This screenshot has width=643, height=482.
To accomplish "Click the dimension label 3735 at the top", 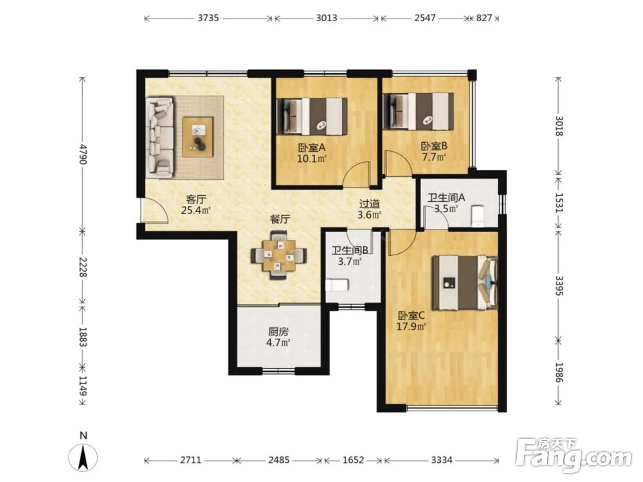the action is [x=208, y=18].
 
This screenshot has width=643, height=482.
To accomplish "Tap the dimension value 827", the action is [x=484, y=18].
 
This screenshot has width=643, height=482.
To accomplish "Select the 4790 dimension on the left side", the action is [x=83, y=154].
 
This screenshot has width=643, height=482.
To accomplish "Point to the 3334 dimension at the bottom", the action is [x=441, y=460].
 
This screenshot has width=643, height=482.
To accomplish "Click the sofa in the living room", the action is [x=160, y=138].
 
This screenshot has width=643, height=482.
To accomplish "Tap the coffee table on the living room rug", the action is [x=198, y=137].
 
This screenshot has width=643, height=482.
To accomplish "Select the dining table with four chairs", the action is [x=279, y=256].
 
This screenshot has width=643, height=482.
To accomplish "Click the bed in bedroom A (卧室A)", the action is [x=312, y=116].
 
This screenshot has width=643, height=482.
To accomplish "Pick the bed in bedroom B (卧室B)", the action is [x=419, y=111].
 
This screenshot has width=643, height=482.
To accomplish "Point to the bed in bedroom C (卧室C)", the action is [x=465, y=283].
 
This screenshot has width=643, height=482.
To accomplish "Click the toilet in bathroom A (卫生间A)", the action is [x=478, y=216].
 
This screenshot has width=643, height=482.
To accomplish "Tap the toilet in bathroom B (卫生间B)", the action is [x=337, y=285].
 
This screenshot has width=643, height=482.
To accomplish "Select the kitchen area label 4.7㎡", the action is [x=278, y=343].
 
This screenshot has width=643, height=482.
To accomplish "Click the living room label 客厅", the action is [x=195, y=200].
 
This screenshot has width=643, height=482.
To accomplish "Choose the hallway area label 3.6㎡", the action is [x=370, y=215].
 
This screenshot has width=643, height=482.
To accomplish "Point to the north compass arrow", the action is [x=83, y=457].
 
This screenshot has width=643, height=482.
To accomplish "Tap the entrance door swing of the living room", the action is [x=155, y=210].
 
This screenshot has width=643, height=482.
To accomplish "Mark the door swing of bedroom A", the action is [x=356, y=174].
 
